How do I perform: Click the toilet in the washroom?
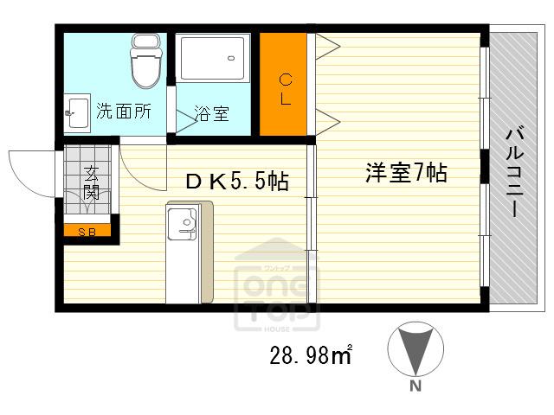(146, 61)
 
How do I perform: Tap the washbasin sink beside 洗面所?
(77, 113)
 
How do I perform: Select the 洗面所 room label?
(124, 112)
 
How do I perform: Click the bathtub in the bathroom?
(213, 58)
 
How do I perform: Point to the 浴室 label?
(211, 113)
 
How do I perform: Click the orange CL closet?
(283, 84)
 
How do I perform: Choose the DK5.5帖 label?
(237, 182)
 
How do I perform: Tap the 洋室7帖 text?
(406, 173)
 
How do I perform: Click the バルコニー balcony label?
(514, 171)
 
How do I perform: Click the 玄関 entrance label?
(91, 182)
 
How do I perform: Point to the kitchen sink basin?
(182, 224)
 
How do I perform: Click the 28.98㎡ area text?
(311, 354)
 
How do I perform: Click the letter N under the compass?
(415, 386)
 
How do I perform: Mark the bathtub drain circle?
(231, 58)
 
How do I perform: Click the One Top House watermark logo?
(277, 286)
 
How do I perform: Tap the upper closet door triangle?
(328, 46)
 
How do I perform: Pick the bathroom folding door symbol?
(186, 122)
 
